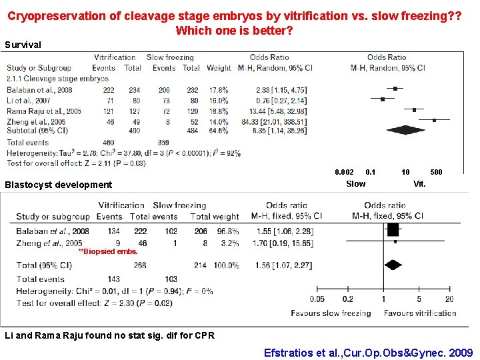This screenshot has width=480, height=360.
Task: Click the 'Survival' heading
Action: pos(23,45)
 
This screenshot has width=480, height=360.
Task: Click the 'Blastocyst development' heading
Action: pos(59,185)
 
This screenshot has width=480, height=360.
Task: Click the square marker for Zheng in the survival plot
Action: pos(434,120)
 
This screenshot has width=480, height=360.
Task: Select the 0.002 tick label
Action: pos(344,173)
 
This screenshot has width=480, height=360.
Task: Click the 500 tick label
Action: pos(436,173)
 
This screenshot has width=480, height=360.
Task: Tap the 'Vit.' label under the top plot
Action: pos(419,184)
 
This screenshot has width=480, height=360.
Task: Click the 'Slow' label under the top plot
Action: pos(356,184)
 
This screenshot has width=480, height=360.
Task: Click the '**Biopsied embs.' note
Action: pos(108,252)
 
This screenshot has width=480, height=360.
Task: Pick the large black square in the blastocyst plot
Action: pos(392,230)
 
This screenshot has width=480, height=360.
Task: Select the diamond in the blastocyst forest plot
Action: pos(393,265)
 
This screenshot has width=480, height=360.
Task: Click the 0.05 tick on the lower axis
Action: pos(317,299)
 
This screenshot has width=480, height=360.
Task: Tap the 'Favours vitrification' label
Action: pos(420,313)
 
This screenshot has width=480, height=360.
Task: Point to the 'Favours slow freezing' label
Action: pos(331,313)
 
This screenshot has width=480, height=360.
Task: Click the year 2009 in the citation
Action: pos(460,352)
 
